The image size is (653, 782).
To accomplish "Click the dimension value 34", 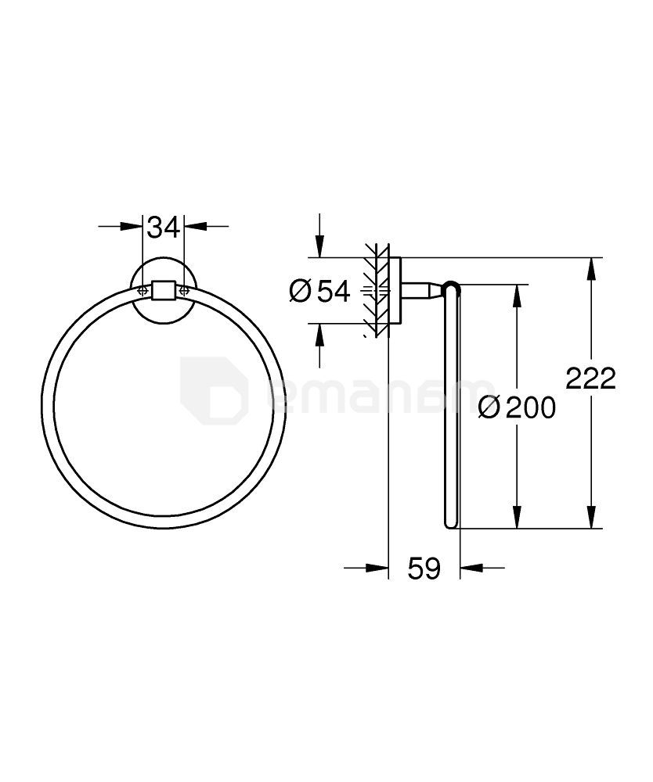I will click(x=164, y=228).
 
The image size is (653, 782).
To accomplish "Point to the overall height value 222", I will click(x=591, y=378).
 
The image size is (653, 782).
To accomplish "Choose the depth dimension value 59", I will click(x=424, y=569).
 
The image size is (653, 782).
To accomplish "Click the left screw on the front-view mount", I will click(x=143, y=290).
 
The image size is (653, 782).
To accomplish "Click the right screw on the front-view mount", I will click(x=185, y=290).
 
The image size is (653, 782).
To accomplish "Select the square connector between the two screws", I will click(x=164, y=290).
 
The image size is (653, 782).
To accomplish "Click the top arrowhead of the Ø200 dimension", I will click(x=517, y=296).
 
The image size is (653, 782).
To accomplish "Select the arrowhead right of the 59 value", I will click(x=471, y=569).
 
